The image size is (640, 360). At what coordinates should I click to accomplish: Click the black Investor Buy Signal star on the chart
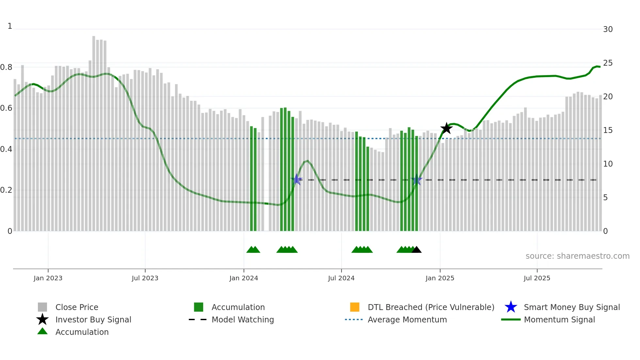pyautogui.click(x=446, y=128)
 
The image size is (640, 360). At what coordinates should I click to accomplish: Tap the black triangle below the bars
pyautogui.click(x=416, y=250)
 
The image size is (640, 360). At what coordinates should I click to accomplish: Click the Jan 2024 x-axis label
pyautogui.click(x=244, y=278)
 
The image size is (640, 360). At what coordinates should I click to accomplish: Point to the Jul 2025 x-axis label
pyautogui.click(x=537, y=278)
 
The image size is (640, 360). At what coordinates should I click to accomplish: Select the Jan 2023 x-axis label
pyautogui.click(x=48, y=278)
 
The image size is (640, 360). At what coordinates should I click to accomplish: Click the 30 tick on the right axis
pyautogui.click(x=608, y=29)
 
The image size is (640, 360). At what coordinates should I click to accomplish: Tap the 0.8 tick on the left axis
pyautogui.click(x=6, y=67)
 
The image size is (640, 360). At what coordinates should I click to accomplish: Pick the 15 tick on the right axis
pyautogui.click(x=608, y=130)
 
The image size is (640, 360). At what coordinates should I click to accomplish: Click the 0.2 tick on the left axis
pyautogui.click(x=6, y=190)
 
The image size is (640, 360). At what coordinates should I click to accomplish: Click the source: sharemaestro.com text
pyautogui.click(x=577, y=256)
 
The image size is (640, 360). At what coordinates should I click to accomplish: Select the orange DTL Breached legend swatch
pyautogui.click(x=355, y=307)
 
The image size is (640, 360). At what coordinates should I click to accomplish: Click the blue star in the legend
pyautogui.click(x=511, y=307)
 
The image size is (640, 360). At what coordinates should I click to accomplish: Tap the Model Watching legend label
pyautogui.click(x=243, y=319)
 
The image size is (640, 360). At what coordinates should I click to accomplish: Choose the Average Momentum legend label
pyautogui.click(x=407, y=319)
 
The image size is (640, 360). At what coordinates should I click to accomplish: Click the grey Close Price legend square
pyautogui.click(x=42, y=307)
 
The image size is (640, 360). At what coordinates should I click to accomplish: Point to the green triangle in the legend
pyautogui.click(x=42, y=332)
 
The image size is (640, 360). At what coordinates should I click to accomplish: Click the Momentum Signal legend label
pyautogui.click(x=559, y=319)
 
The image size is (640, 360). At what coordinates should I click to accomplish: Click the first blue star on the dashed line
pyautogui.click(x=296, y=179)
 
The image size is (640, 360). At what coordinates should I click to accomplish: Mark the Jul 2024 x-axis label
pyautogui.click(x=341, y=278)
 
